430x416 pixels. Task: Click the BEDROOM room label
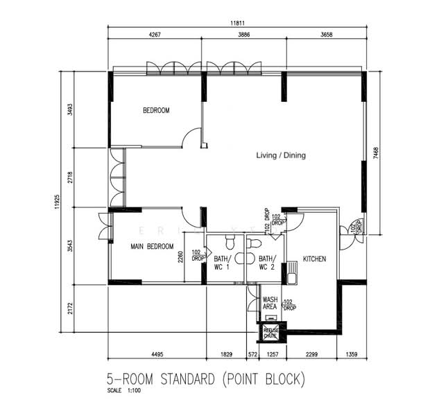[x=156, y=110]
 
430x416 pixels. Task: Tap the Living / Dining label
[x=280, y=155]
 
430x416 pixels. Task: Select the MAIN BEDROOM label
[x=152, y=246]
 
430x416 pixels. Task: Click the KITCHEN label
[x=314, y=259]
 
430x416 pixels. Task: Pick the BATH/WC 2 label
[x=267, y=263]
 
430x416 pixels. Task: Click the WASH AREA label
[x=270, y=303]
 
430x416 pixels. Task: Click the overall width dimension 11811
[x=237, y=22]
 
